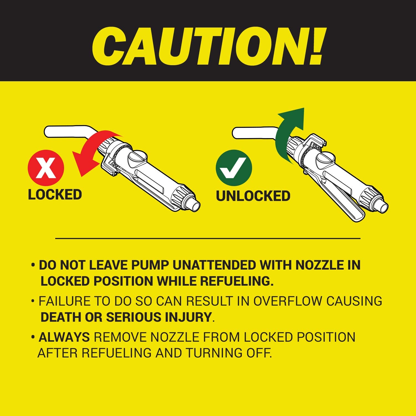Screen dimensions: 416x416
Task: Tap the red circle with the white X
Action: (x=46, y=168)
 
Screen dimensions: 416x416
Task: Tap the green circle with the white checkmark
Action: (x=234, y=168)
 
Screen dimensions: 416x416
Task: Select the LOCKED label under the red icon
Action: (x=55, y=194)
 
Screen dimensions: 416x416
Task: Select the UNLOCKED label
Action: (x=253, y=196)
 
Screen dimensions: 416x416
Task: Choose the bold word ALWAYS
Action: (x=64, y=337)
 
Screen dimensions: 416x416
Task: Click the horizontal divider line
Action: (x=208, y=238)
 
